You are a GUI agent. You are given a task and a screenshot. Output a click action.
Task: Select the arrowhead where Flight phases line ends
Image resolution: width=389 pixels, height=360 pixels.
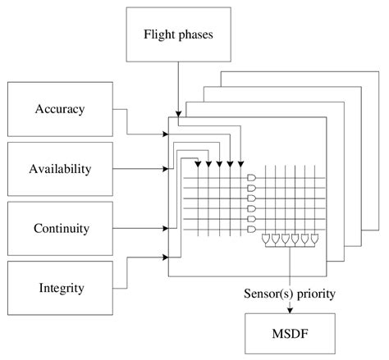coord(178,114)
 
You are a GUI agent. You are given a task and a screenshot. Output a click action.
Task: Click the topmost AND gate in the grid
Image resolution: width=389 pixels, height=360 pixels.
coord(251,177)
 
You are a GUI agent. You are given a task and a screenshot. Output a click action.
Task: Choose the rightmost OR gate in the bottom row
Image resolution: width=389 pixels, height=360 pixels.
coord(315,240)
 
